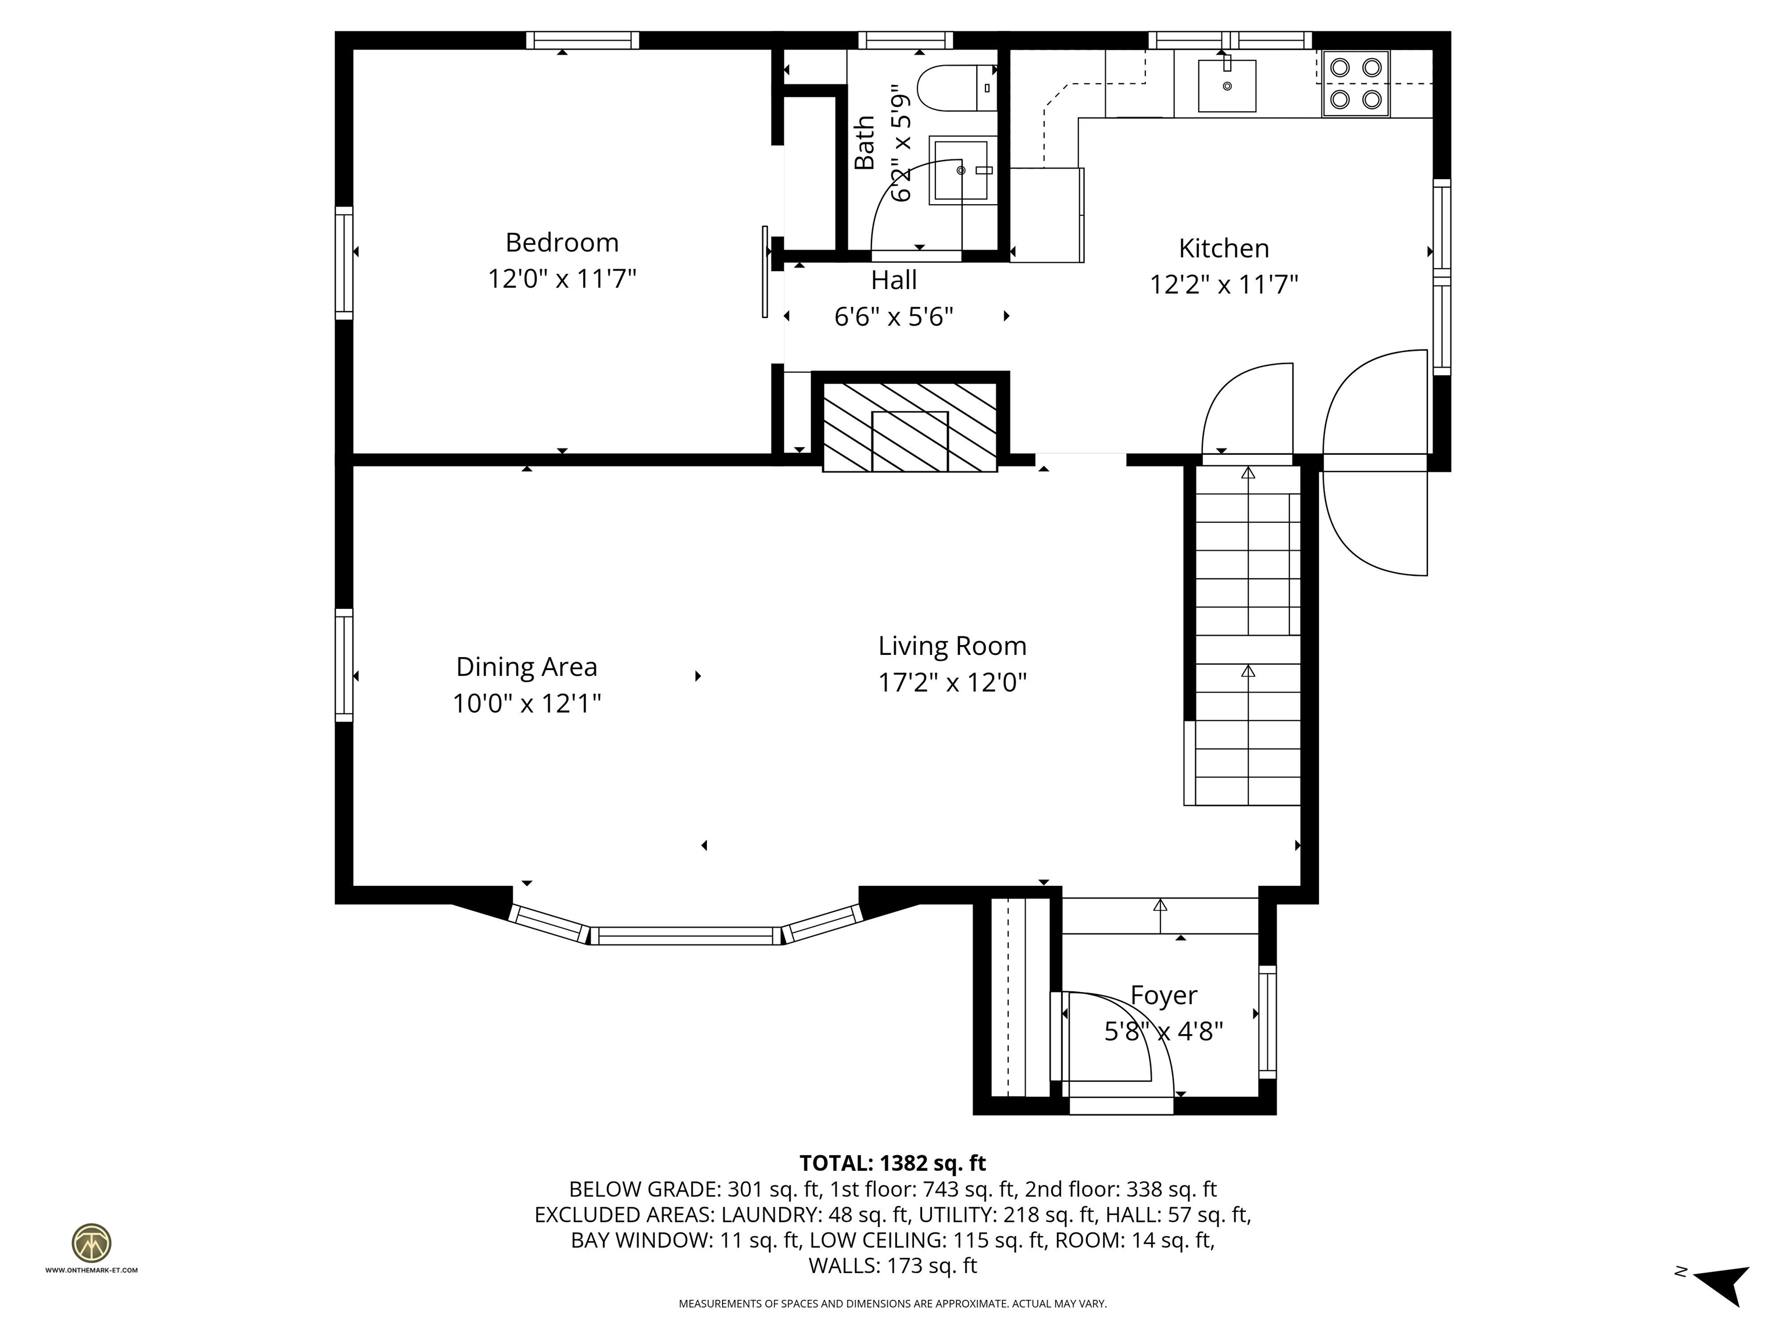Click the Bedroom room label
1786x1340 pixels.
[562, 243]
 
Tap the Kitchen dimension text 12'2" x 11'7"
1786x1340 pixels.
[1223, 284]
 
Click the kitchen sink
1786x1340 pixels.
[1227, 85]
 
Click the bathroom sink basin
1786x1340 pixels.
[959, 170]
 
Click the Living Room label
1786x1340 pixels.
[952, 646]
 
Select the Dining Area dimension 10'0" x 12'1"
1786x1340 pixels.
[526, 704]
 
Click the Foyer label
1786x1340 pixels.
[1163, 995]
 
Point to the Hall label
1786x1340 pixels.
[893, 280]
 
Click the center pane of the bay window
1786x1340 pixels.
[685, 936]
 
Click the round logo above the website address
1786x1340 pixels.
[91, 1243]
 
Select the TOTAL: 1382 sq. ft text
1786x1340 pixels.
[892, 1163]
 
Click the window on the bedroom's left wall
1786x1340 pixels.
[344, 262]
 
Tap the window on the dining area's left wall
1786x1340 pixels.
[344, 665]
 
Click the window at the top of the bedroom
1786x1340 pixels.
[582, 40]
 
